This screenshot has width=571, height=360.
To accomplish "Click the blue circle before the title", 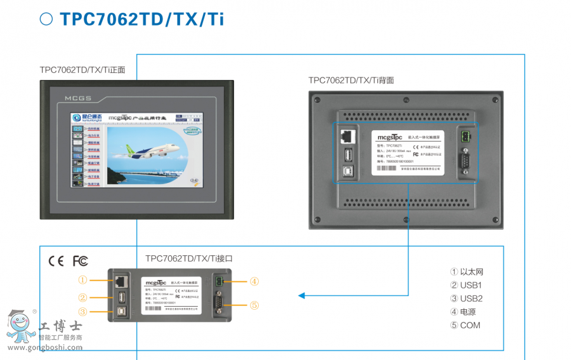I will (x=46, y=19).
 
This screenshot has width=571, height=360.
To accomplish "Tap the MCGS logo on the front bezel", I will (x=78, y=98).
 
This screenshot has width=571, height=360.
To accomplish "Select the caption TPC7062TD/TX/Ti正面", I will (x=82, y=70).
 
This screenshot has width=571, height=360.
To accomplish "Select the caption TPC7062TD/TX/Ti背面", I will (x=351, y=80).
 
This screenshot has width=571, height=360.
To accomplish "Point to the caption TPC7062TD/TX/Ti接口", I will (x=189, y=258).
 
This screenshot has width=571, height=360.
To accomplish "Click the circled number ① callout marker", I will (x=82, y=279).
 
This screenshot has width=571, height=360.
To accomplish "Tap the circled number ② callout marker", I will (x=82, y=297).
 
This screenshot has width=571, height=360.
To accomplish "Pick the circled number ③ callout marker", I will (x=82, y=311).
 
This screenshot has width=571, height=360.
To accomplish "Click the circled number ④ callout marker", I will (x=254, y=281).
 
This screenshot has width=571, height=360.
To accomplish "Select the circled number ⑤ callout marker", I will (x=254, y=305).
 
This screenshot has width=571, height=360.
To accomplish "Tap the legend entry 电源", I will (x=463, y=312).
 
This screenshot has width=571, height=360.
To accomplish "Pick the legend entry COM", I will (x=465, y=325).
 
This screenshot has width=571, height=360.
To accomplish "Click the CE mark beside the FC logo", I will (x=56, y=261).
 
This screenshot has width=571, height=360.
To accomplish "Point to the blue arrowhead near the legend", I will (x=302, y=295).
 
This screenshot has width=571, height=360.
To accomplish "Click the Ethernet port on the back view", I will (x=347, y=136).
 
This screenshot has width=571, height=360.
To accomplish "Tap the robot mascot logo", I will (x=20, y=328).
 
